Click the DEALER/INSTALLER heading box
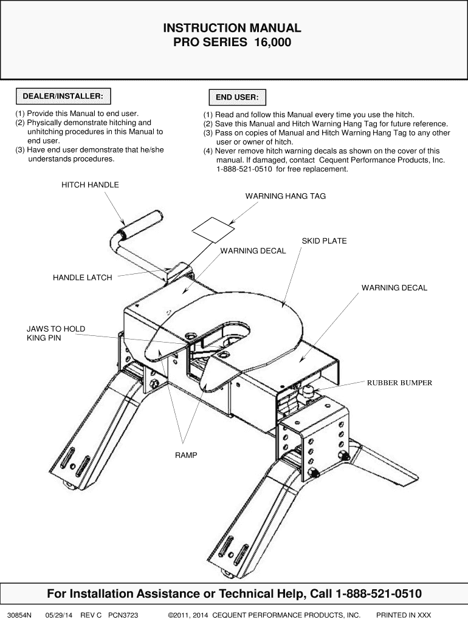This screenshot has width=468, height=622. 63,96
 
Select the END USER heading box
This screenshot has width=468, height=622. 236,97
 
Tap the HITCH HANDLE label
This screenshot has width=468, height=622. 90,185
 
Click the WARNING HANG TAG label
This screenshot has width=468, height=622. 285,196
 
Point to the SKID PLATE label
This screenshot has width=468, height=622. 324,241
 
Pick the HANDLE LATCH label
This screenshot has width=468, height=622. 83,278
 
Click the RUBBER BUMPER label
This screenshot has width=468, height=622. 399,383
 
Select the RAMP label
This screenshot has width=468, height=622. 187,455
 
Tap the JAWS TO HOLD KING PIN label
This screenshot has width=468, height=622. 55,333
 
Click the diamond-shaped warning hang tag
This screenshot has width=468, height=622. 213,230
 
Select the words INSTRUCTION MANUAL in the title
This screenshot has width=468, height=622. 232,28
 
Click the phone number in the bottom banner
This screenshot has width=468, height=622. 379,593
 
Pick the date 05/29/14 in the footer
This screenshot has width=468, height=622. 59,615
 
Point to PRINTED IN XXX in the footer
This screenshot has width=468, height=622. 404,615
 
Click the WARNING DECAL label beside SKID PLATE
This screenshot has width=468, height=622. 253,251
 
